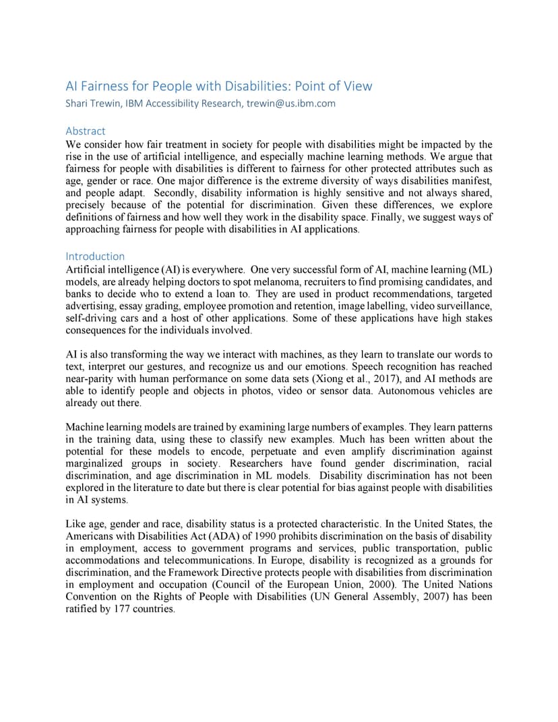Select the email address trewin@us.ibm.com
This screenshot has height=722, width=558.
(290, 104)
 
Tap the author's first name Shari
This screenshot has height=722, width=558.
(77, 104)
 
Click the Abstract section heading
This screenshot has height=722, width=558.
(86, 131)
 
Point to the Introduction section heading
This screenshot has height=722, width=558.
(95, 256)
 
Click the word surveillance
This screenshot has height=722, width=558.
(466, 306)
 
